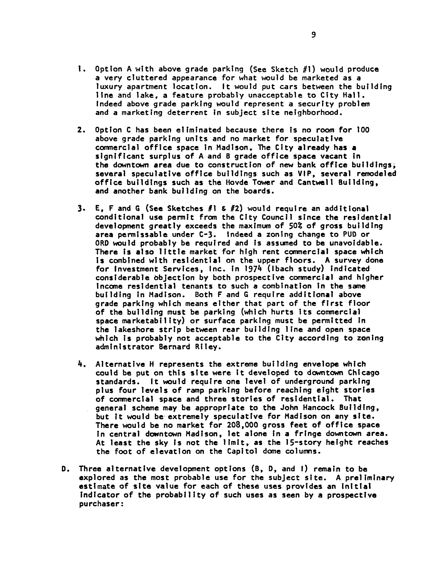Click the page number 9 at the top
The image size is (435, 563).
click(x=313, y=35)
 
